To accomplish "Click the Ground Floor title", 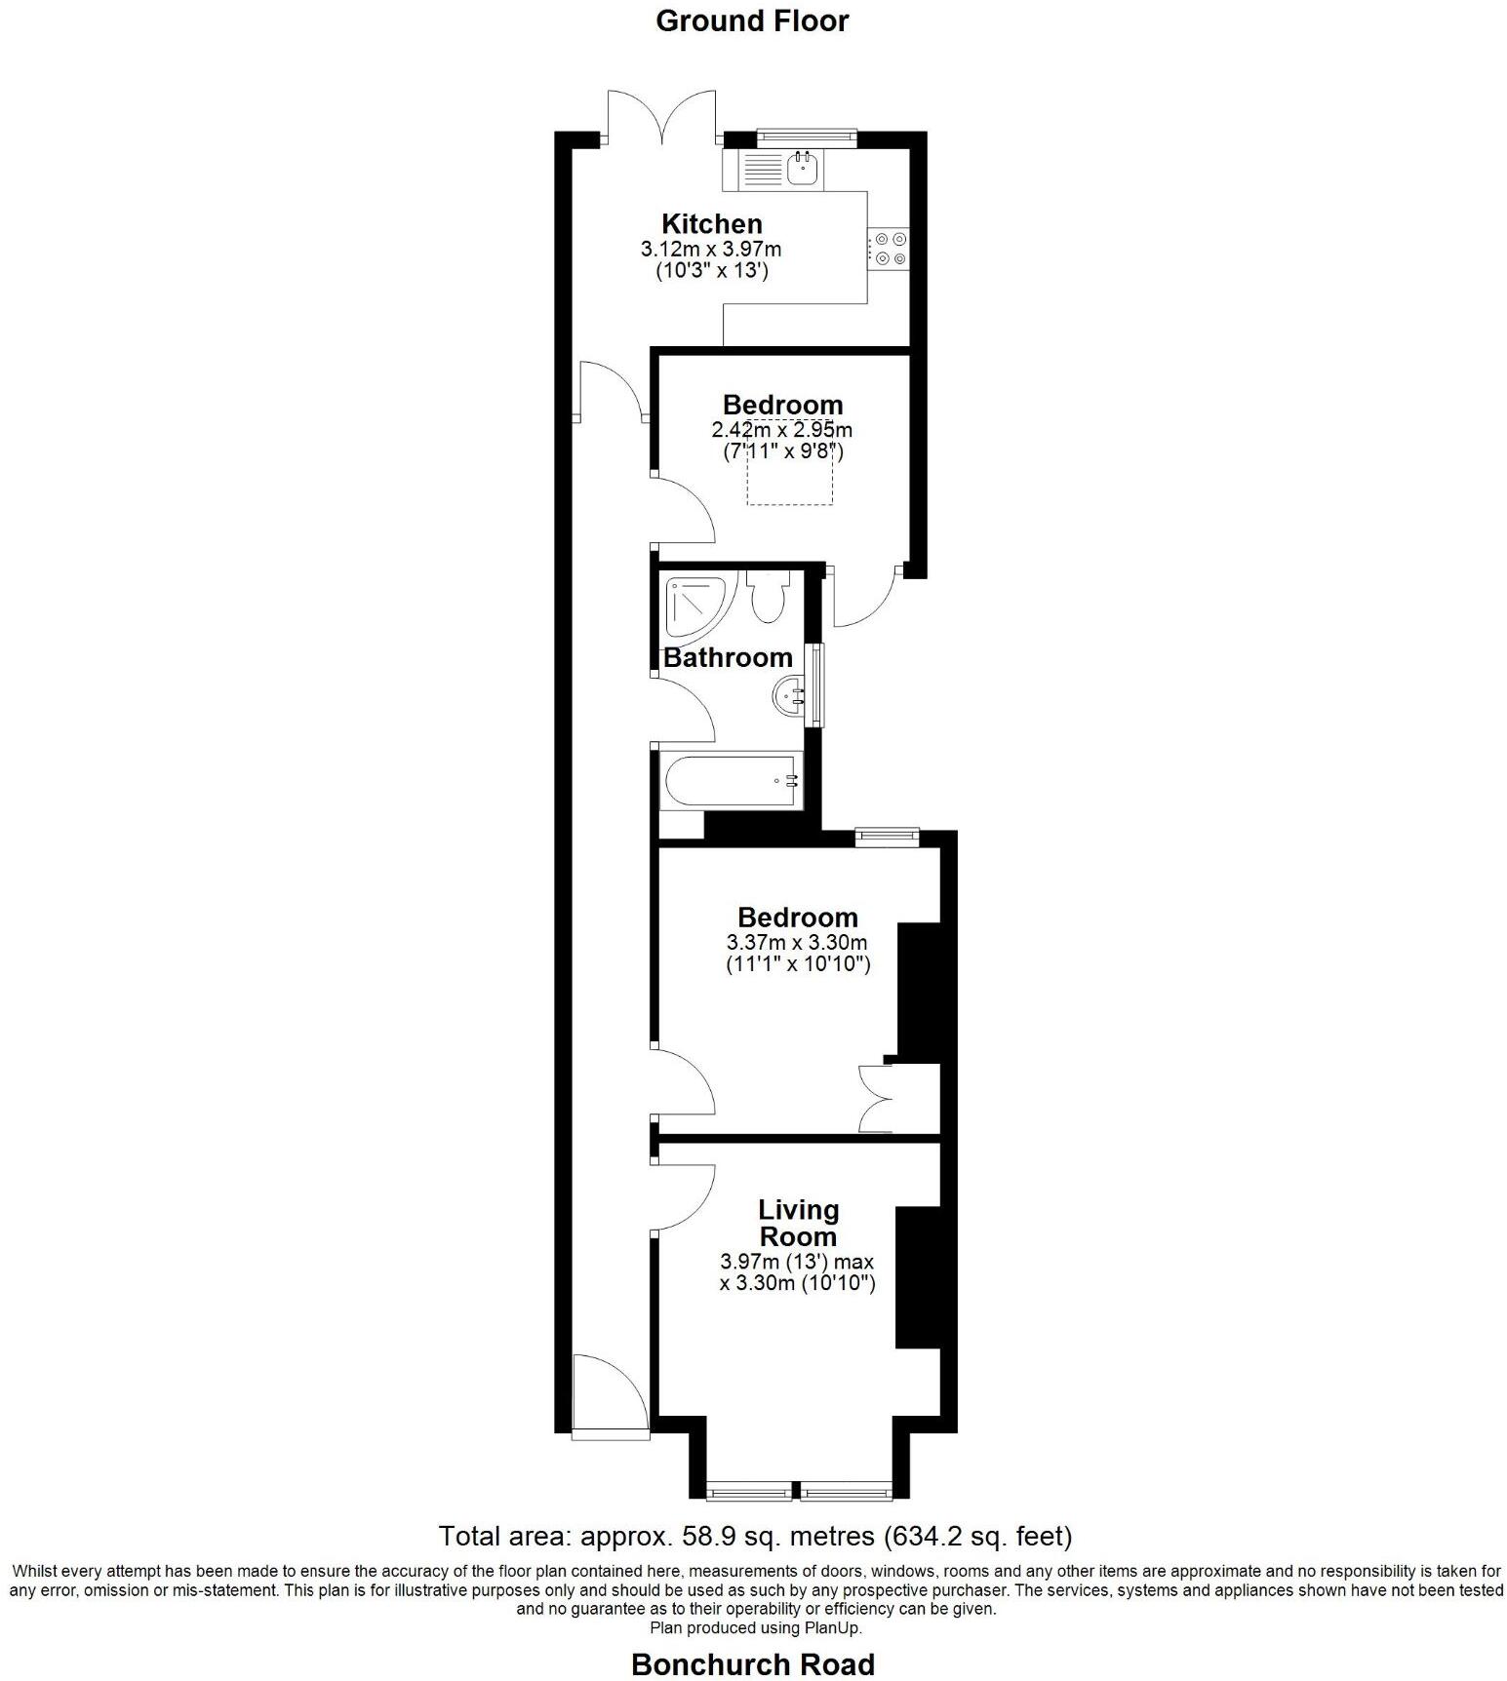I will click(752, 21).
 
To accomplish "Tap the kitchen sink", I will click(804, 170).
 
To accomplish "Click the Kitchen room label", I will click(711, 223).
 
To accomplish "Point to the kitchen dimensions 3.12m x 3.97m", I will click(711, 250).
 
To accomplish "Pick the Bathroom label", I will click(728, 657).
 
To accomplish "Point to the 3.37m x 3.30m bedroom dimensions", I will click(797, 943).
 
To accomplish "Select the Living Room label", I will click(798, 1223).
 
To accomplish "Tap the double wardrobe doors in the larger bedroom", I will click(876, 1098).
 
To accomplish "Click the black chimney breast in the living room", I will click(917, 1277).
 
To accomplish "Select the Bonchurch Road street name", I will click(752, 1664).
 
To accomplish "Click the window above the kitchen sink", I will click(807, 137).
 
